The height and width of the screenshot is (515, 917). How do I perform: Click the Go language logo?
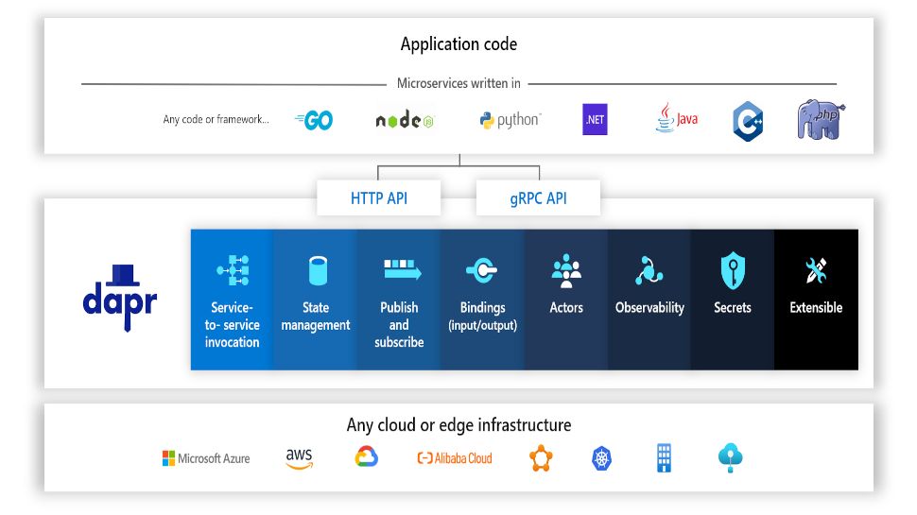[314, 120]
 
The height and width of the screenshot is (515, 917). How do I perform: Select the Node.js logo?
[405, 121]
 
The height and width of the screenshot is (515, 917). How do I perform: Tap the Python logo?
[510, 121]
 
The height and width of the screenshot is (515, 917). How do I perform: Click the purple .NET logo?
[595, 120]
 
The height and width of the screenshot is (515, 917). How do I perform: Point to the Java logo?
[676, 119]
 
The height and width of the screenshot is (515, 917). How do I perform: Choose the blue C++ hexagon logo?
[748, 121]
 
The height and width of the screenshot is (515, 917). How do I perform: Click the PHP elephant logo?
[820, 121]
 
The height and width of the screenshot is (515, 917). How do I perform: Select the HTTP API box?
[379, 198]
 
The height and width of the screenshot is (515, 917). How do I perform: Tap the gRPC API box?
[537, 198]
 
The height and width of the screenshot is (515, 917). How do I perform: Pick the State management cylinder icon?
[317, 271]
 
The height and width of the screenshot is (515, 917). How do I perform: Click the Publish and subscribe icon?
[399, 270]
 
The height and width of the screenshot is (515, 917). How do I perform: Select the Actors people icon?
[566, 271]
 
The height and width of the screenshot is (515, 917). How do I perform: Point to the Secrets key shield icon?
[733, 271]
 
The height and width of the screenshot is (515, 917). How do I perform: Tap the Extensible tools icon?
[816, 271]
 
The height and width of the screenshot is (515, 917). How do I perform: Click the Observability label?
[649, 308]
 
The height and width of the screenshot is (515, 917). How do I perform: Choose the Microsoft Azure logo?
[206, 458]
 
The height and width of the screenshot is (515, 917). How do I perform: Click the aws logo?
[299, 458]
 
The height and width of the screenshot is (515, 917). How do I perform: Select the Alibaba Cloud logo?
[455, 458]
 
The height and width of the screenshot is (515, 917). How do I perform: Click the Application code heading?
[458, 44]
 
